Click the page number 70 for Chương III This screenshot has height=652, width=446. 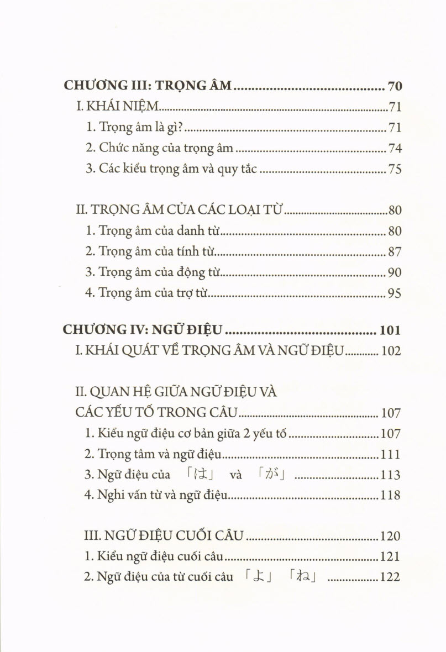click(x=395, y=86)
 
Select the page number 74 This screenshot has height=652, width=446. click(x=395, y=148)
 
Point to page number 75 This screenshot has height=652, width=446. click(x=395, y=169)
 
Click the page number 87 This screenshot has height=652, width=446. click(x=395, y=252)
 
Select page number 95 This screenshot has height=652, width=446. click(x=395, y=293)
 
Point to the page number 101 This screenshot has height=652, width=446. click(x=390, y=330)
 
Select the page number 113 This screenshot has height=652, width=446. click(x=390, y=475)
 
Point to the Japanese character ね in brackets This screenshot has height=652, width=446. click(x=302, y=577)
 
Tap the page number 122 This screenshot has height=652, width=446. click(x=390, y=577)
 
